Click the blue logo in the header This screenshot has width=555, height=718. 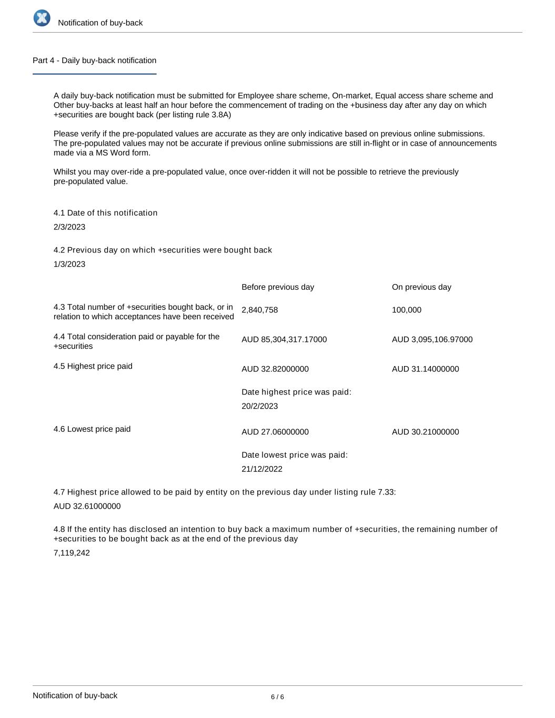(42, 18)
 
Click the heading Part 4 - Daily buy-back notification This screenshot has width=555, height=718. (94, 60)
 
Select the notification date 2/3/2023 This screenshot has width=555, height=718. (69, 227)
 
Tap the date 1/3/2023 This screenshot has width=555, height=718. (69, 264)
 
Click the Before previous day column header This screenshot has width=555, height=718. (278, 287)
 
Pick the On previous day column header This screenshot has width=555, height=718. (421, 287)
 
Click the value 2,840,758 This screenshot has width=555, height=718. (260, 310)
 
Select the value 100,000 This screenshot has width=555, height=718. (407, 310)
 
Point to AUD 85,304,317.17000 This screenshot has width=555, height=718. (284, 340)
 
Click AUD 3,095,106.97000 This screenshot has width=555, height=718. (432, 340)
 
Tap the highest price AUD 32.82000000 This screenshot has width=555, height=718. (275, 369)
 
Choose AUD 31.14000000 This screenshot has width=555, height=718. (425, 369)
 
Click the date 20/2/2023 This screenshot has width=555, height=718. (260, 406)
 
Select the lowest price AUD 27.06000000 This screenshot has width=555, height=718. (275, 432)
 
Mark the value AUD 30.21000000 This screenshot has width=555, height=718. (425, 432)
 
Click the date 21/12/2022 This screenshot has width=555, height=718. (262, 469)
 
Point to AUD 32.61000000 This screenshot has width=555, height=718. (87, 507)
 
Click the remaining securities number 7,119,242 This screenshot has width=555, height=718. (72, 553)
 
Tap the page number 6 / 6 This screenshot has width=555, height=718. (277, 697)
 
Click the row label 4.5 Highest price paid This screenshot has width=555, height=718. (93, 366)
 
